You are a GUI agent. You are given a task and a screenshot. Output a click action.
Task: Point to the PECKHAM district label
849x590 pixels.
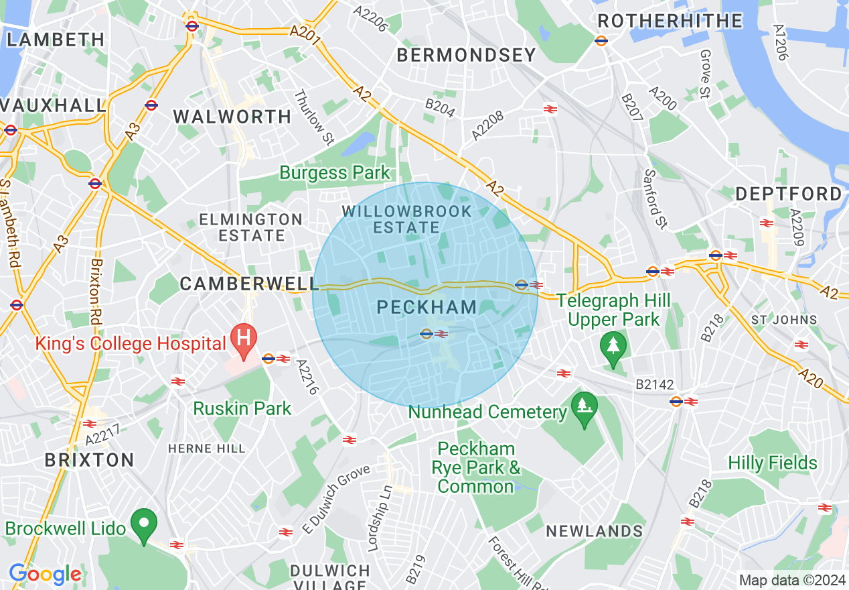click(427, 308)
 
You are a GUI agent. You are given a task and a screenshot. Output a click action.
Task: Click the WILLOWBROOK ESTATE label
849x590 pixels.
click(406, 219)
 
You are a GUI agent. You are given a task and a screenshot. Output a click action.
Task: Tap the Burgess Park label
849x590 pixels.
click(334, 173)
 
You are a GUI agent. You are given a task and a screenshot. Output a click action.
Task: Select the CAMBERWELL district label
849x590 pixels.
click(248, 284)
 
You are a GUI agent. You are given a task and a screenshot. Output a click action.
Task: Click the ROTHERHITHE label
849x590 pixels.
click(670, 21)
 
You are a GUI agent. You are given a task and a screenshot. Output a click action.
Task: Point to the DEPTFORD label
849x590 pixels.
click(789, 194)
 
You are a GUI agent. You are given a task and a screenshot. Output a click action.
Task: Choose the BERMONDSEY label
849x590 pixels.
click(467, 55)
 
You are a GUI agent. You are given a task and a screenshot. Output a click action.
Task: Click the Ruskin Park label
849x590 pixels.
click(242, 408)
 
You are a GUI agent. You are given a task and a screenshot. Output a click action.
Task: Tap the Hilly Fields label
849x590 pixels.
click(773, 463)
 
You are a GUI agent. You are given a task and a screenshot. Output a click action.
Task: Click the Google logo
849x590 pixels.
click(45, 575)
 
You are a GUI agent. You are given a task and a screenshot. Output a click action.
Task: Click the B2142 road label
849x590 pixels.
click(654, 385)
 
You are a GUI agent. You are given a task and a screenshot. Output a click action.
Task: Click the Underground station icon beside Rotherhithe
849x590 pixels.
click(601, 40)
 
